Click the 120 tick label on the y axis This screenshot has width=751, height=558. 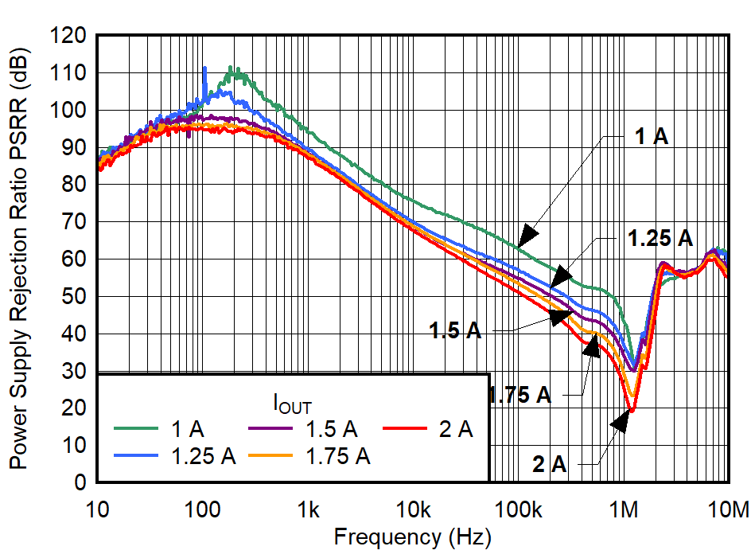tap(71, 36)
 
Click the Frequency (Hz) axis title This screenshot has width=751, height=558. tap(412, 537)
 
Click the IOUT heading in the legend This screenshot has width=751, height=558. tap(298, 404)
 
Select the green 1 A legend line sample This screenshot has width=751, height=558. tap(140, 430)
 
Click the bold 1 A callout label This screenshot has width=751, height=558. tap(652, 136)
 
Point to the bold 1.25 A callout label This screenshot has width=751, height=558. tap(660, 237)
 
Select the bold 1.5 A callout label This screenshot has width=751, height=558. tap(455, 330)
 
